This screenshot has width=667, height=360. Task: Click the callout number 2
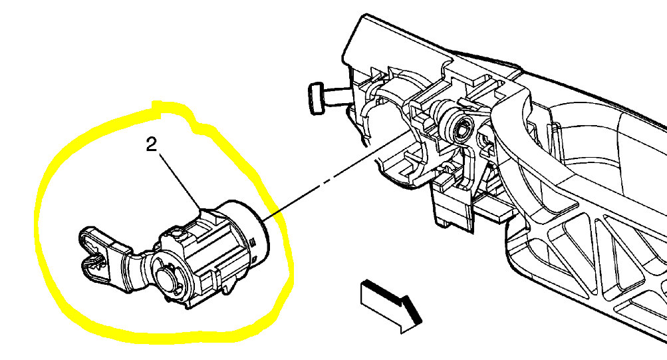pyautogui.click(x=152, y=146)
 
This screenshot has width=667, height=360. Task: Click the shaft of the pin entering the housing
pyautogui.click(x=336, y=96)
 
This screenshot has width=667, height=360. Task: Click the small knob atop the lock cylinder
pyautogui.click(x=175, y=233)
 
